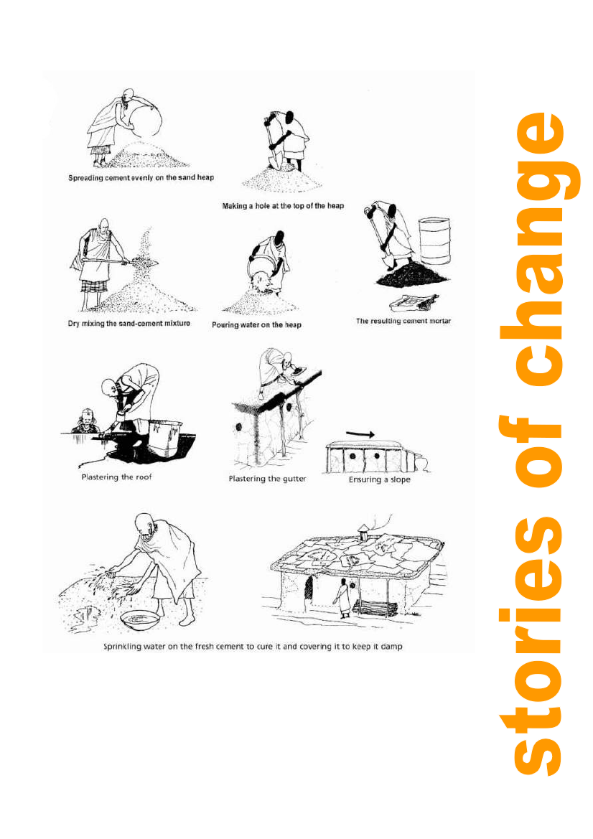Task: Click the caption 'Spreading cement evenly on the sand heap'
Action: coord(141,178)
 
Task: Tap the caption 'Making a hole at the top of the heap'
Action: coord(283,206)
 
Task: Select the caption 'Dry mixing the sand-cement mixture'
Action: coord(129,323)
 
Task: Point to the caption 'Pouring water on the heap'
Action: coord(256,325)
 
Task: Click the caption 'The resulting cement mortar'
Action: coord(403,321)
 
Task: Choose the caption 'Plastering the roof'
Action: coord(117,477)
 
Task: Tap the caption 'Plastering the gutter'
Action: coord(267,479)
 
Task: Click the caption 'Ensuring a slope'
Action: coord(380,479)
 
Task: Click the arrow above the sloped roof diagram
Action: coord(360,434)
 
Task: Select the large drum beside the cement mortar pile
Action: coord(434,240)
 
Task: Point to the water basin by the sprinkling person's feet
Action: coord(140,620)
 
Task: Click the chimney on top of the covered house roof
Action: coord(364,532)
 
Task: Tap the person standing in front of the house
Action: coord(342,599)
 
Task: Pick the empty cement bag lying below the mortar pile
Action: coord(415,302)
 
